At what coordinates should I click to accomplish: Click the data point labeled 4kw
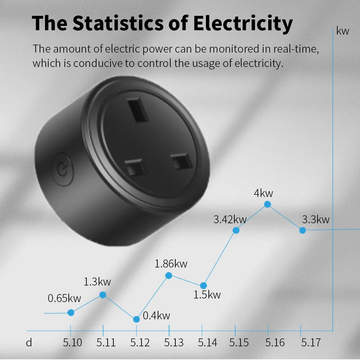point(267,204)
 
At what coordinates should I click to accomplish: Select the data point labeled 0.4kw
point(136,319)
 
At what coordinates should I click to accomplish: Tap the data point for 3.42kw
point(236,230)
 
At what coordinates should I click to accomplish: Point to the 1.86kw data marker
point(168,275)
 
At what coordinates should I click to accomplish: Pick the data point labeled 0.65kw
point(71,312)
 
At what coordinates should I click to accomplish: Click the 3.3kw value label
point(316,219)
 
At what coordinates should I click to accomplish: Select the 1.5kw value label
point(207,295)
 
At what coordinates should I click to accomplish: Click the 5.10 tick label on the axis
point(72,342)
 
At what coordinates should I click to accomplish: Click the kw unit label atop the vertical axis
point(343,31)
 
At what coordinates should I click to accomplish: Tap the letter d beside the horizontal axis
point(29,342)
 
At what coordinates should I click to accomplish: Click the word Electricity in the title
point(243,24)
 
